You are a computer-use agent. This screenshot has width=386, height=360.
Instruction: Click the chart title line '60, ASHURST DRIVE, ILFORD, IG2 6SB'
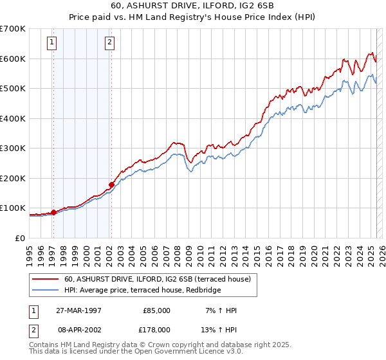tap(192, 6)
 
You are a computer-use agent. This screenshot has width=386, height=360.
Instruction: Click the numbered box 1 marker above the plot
tap(51, 43)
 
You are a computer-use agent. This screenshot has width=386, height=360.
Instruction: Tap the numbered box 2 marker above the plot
tap(110, 43)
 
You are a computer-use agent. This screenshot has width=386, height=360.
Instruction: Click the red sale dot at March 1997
tap(54, 212)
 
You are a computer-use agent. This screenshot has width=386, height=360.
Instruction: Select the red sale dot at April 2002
tap(111, 184)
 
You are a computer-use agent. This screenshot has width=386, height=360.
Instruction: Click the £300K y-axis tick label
tap(13, 148)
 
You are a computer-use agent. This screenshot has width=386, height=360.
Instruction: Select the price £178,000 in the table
tap(157, 329)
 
